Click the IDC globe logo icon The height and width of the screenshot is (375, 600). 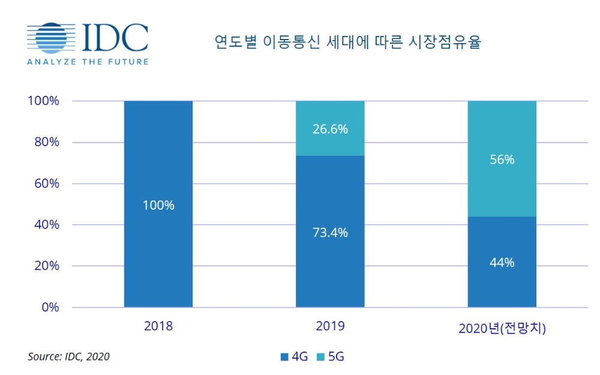51,38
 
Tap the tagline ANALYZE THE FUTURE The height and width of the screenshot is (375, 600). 88,62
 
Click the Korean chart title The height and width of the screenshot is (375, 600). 348,42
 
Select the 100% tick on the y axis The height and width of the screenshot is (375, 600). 43,101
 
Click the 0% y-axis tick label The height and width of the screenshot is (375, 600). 49,307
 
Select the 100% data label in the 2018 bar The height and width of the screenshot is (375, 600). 158,205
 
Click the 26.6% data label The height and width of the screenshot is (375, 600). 330,129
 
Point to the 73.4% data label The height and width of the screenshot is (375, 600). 330,233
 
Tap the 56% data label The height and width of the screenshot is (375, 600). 502,160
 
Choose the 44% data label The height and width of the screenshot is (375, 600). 502,262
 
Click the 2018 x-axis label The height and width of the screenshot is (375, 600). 158,326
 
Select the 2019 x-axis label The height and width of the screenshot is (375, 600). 330,326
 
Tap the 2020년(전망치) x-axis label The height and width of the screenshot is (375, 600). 502,328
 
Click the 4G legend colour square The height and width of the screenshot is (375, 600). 284,358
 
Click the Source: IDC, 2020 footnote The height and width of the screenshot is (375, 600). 68,357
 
